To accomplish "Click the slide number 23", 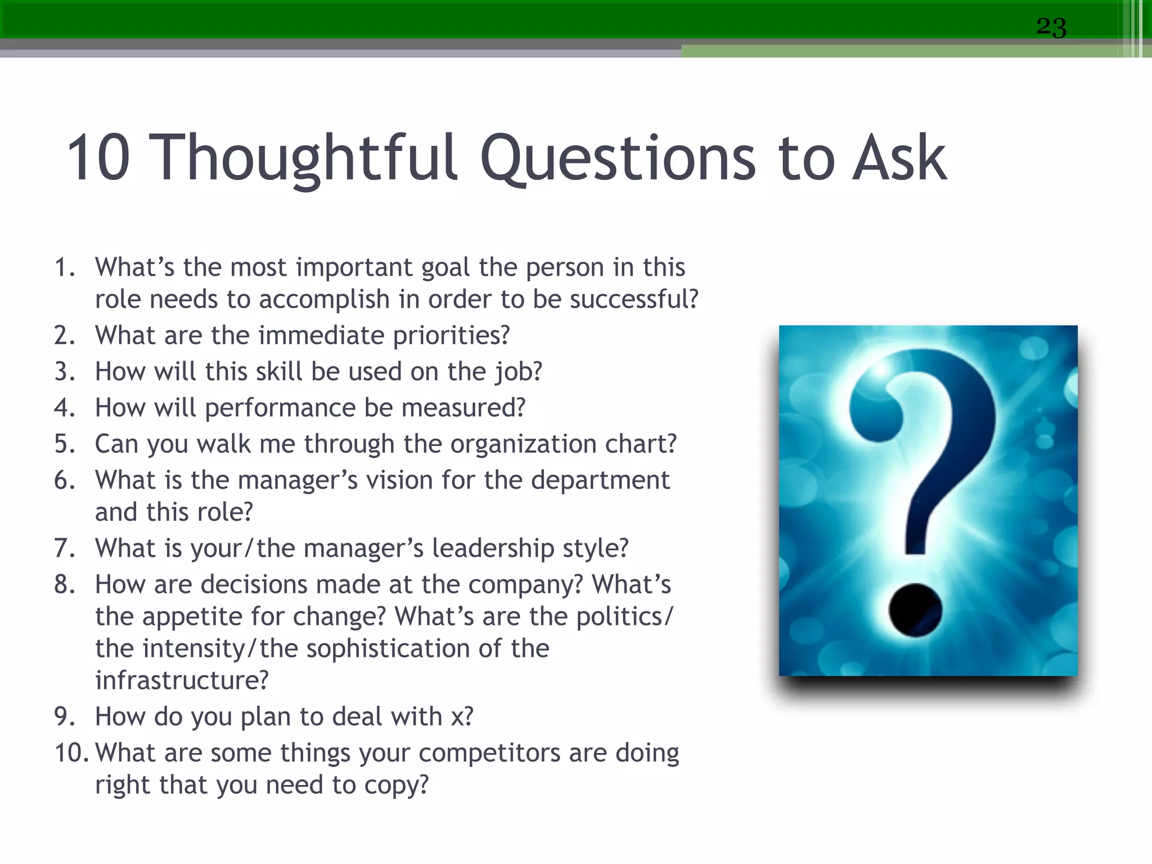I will (x=1051, y=27).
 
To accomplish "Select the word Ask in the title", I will (x=899, y=159).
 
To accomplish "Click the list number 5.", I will (x=64, y=444).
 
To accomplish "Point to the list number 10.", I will (x=70, y=753).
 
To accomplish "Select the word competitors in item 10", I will (x=489, y=753).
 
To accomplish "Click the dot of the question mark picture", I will (x=915, y=610).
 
